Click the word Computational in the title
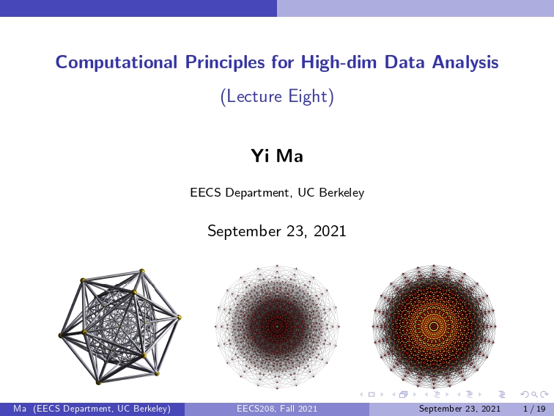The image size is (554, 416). pyautogui.click(x=117, y=62)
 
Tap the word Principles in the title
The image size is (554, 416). pyautogui.click(x=225, y=62)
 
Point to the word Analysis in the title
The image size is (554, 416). pyautogui.click(x=465, y=62)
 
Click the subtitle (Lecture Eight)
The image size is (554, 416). pyautogui.click(x=277, y=96)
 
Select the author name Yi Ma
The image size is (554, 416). pyautogui.click(x=277, y=156)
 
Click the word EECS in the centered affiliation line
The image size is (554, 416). pyautogui.click(x=206, y=193)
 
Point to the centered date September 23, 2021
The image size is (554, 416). pyautogui.click(x=277, y=231)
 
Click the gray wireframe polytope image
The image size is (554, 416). pyautogui.click(x=119, y=327)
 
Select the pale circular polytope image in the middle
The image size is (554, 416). pyautogui.click(x=277, y=327)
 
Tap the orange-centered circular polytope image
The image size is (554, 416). pyautogui.click(x=434, y=327)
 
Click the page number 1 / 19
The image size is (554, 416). pyautogui.click(x=534, y=409)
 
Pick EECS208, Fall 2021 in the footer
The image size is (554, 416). pyautogui.click(x=277, y=409)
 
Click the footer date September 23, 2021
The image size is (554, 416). pyautogui.click(x=459, y=409)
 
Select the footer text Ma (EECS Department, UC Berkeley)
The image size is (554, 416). pyautogui.click(x=92, y=409)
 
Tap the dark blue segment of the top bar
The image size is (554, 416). pyautogui.click(x=138, y=8)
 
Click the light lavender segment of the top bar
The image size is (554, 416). pyautogui.click(x=415, y=8)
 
